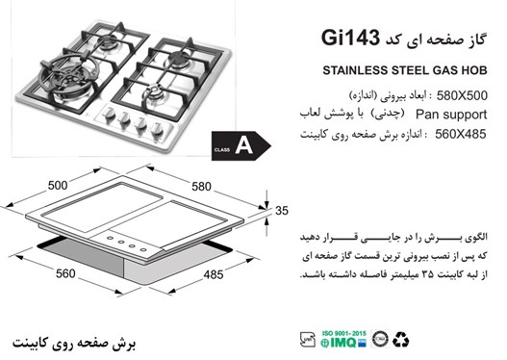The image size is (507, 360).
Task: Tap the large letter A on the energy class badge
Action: tap(243, 147)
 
